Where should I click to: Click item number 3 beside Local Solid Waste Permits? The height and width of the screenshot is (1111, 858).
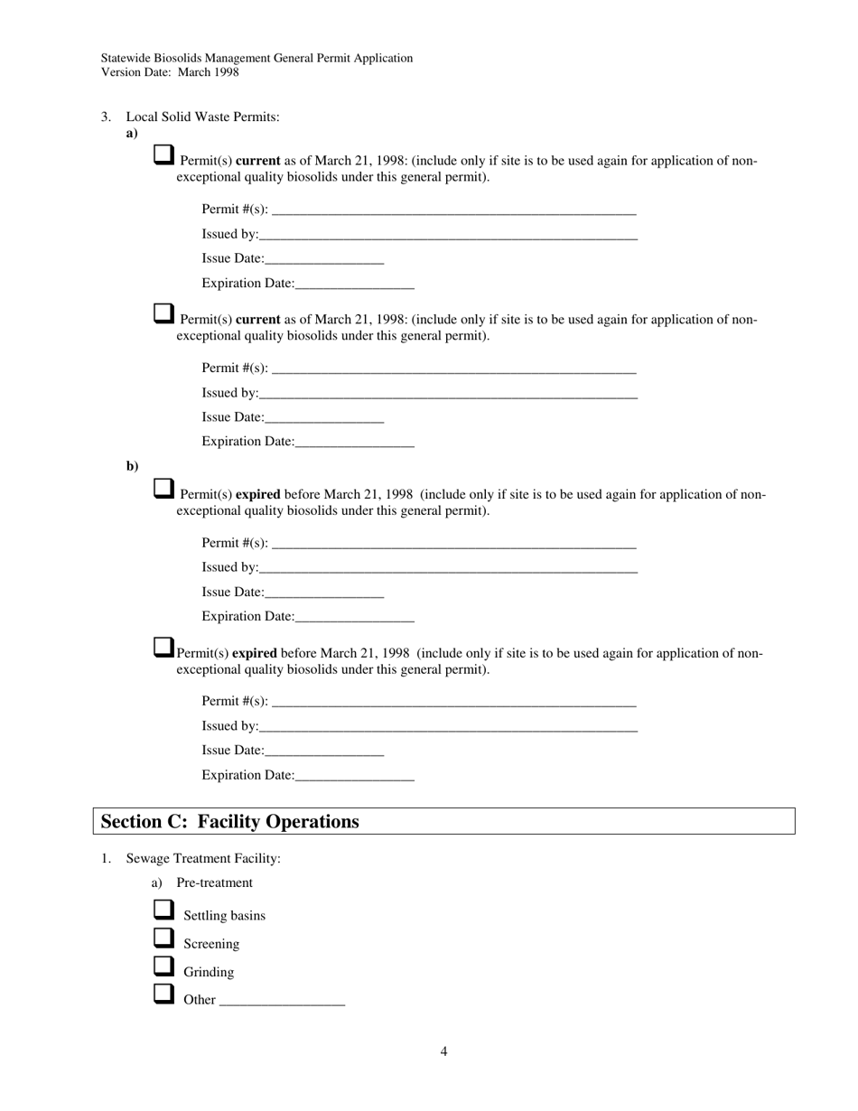[x=106, y=117]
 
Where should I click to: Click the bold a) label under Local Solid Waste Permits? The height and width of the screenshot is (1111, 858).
[x=132, y=133]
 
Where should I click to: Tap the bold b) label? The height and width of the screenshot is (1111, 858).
[x=132, y=466]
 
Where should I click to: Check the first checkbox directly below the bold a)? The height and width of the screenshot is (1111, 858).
[x=163, y=155]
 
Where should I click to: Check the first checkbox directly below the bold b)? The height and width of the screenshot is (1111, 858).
[x=163, y=489]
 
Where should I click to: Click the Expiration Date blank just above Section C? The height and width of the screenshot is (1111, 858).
[x=354, y=775]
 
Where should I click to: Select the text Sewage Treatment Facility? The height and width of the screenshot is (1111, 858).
[x=202, y=858]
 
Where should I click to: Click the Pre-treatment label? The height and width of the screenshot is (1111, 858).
[x=214, y=882]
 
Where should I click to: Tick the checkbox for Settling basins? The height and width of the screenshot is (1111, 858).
[x=163, y=910]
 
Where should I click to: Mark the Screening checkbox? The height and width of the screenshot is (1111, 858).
[x=163, y=938]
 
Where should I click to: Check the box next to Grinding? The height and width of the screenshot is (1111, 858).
[x=163, y=966]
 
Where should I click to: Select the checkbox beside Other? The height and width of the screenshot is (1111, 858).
[x=163, y=994]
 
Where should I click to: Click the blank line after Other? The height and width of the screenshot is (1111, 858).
[x=282, y=1000]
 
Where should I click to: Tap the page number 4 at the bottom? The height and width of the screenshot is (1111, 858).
[x=443, y=1051]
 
